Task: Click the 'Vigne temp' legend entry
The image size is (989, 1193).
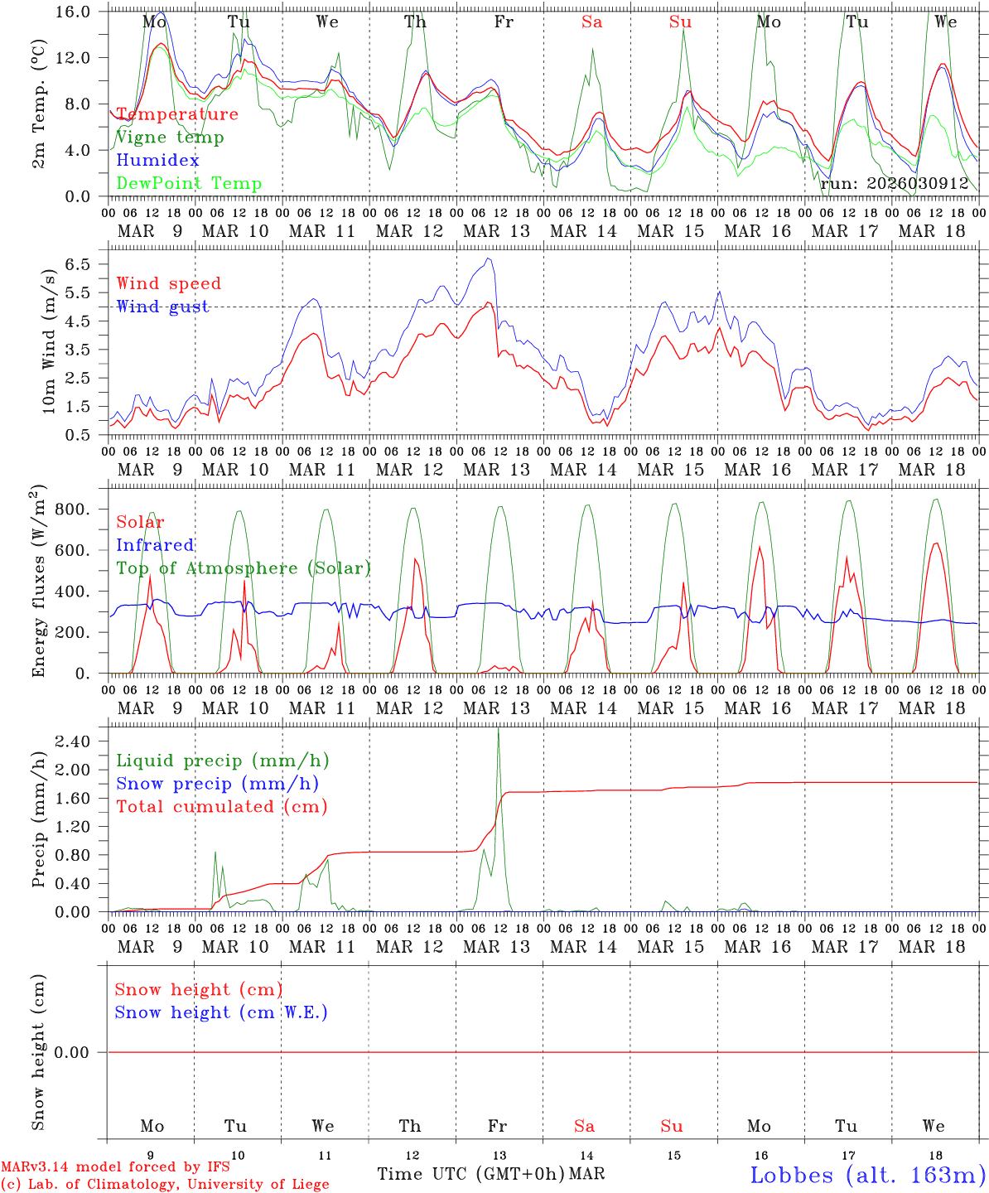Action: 170,138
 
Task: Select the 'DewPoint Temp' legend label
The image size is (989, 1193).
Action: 189,184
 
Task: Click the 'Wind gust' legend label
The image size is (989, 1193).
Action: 162,307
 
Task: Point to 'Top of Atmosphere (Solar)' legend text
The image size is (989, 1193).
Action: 243,568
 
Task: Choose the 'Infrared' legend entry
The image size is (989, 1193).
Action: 155,545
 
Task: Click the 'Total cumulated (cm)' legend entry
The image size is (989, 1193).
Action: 221,806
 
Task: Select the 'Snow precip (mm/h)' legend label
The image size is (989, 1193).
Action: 217,784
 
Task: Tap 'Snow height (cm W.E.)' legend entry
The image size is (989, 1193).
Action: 221,1012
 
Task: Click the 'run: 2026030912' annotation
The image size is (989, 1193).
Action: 894,184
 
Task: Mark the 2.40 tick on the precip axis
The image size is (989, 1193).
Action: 73,741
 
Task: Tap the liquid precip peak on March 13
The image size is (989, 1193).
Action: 498,729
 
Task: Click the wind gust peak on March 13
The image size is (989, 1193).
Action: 490,259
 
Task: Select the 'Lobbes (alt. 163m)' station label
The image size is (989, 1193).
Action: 867,1175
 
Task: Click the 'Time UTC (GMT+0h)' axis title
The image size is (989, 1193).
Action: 470,1174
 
